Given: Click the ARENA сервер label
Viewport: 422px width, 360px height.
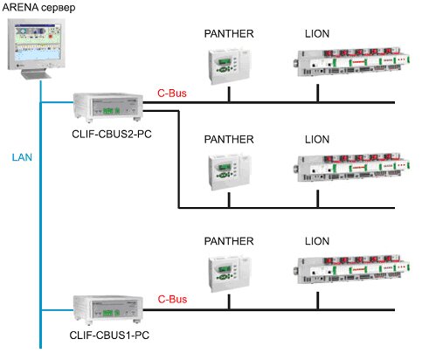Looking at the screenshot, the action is click(x=38, y=7).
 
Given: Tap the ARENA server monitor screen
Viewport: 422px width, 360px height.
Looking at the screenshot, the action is click(x=38, y=42).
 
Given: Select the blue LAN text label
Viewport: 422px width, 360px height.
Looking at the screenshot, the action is click(x=22, y=157).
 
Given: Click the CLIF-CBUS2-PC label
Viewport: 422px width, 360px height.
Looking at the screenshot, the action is click(x=112, y=134).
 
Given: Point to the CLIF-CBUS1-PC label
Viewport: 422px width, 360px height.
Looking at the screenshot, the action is click(x=109, y=335).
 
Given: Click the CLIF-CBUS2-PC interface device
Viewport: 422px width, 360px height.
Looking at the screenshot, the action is click(x=107, y=107).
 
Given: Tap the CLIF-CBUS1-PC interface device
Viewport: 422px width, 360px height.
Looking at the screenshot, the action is click(x=107, y=309).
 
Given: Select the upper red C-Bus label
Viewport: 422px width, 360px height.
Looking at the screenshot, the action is click(x=172, y=93).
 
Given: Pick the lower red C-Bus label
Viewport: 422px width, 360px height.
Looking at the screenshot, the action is click(x=172, y=299).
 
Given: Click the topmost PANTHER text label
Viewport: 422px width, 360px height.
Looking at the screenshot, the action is click(x=229, y=34).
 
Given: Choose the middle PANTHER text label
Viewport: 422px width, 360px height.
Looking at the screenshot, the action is click(x=229, y=140).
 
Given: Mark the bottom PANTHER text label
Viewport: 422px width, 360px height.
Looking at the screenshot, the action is click(x=229, y=241).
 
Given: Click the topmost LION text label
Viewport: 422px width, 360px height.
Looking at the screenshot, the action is click(x=317, y=34).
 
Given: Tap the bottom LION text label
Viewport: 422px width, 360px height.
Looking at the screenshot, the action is click(x=317, y=241).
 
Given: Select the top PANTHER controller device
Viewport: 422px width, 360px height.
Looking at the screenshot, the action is click(x=229, y=66).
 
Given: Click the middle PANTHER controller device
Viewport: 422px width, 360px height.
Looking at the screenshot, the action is click(x=229, y=172).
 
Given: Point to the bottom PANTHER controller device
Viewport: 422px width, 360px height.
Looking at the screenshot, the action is click(x=229, y=274).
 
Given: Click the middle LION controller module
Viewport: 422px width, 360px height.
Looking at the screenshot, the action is click(x=352, y=168).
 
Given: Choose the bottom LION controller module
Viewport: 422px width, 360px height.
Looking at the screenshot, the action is click(x=352, y=269).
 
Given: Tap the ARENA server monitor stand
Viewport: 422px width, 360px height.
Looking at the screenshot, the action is click(x=37, y=74).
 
